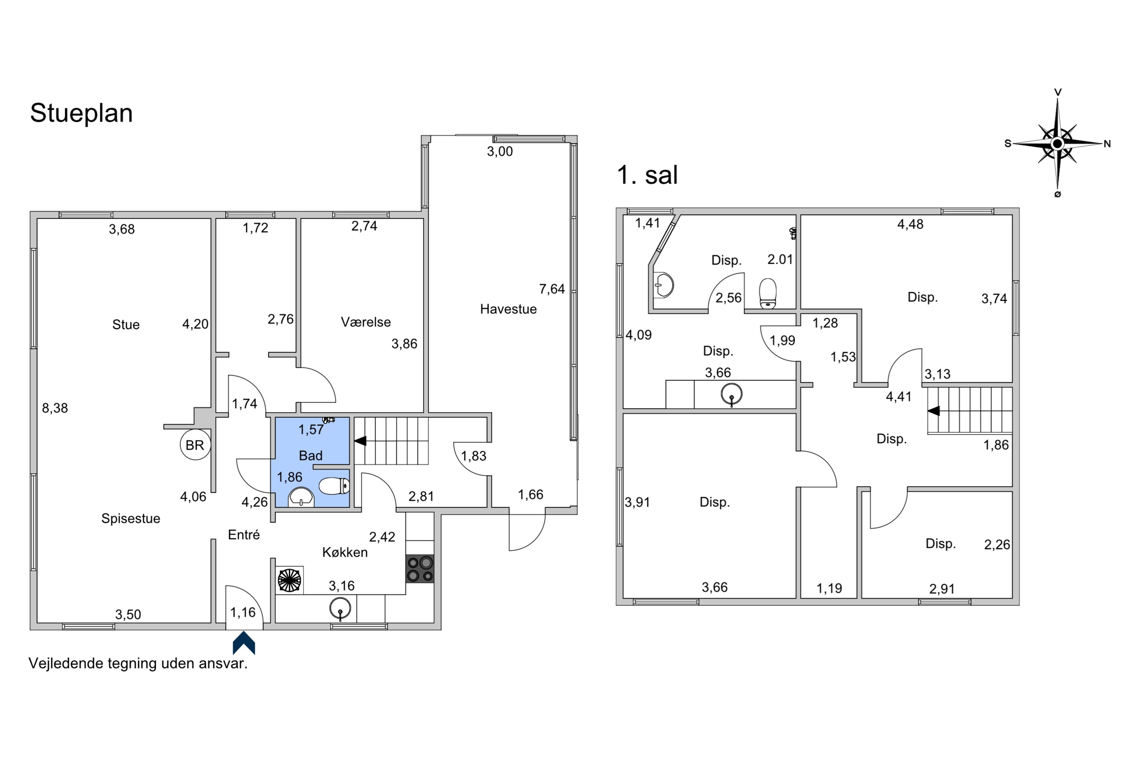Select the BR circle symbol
(195, 445)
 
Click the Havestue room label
(508, 309)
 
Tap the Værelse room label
(366, 322)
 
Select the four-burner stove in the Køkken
(420, 569)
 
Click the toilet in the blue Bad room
(334, 486)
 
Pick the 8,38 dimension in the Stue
(55, 408)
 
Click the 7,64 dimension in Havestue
(552, 289)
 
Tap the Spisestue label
(131, 519)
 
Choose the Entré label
(244, 535)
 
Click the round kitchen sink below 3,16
(340, 609)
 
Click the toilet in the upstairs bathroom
(768, 293)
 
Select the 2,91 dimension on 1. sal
(942, 589)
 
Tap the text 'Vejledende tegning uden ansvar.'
(138, 663)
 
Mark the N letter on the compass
(1107, 144)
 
